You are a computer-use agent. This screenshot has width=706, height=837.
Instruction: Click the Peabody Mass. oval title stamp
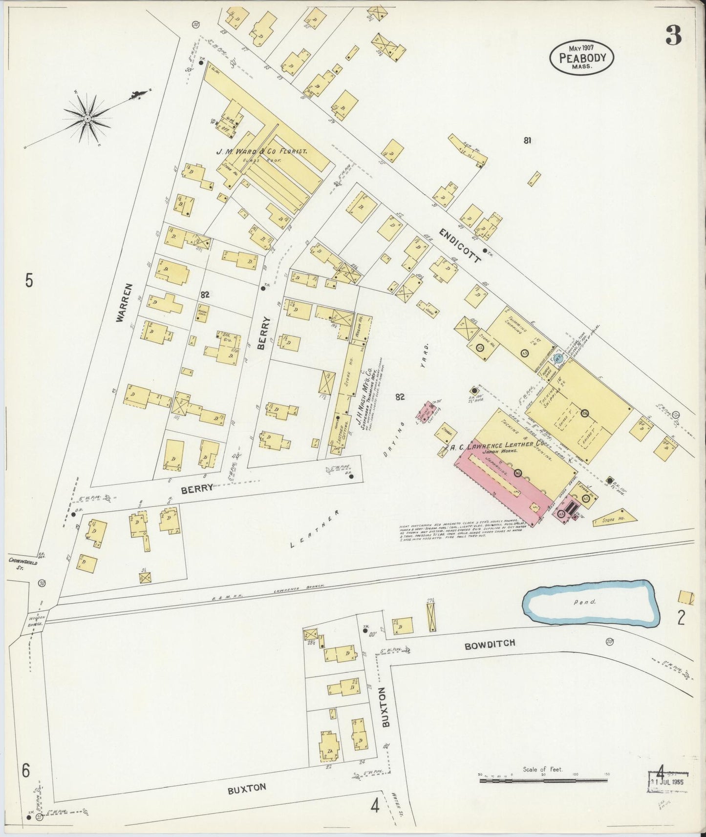(581, 58)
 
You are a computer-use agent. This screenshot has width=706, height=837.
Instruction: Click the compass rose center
(87, 118)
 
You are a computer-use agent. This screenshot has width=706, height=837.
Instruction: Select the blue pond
(591, 604)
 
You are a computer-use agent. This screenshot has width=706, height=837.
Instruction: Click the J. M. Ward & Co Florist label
(262, 152)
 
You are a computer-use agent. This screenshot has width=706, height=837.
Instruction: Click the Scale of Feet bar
(544, 781)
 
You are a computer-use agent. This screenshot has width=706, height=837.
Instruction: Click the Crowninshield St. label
(22, 565)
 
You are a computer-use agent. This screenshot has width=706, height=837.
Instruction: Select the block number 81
(527, 141)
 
